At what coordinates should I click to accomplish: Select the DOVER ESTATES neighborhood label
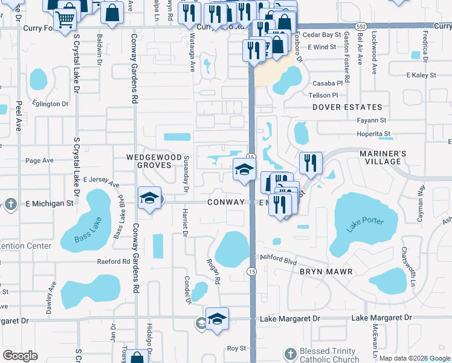click(x=347, y=107)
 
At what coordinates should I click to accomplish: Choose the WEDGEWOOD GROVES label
click(x=153, y=160)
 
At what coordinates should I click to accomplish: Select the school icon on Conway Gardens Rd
click(x=149, y=197)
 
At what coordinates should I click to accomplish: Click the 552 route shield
click(x=361, y=27)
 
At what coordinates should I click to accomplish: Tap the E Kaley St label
click(x=421, y=75)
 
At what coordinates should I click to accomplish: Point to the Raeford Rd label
click(x=114, y=262)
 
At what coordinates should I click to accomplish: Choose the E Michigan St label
click(x=48, y=203)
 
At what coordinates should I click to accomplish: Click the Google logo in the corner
click(x=21, y=356)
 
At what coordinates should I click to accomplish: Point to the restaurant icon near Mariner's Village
click(x=311, y=162)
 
